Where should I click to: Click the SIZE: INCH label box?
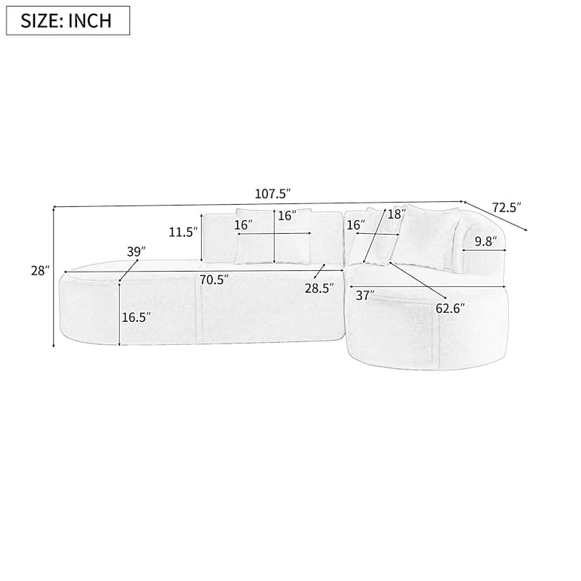(x=68, y=20)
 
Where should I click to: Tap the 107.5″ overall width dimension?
(x=272, y=193)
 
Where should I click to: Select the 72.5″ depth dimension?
(x=506, y=207)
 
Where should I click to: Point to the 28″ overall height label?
(x=40, y=271)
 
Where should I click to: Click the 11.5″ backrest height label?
(x=183, y=232)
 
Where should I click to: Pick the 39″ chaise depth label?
(x=136, y=252)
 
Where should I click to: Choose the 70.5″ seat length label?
(x=214, y=280)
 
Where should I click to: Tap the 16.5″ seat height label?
(x=137, y=317)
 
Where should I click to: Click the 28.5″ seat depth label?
(x=320, y=288)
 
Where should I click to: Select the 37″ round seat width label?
(x=365, y=296)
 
